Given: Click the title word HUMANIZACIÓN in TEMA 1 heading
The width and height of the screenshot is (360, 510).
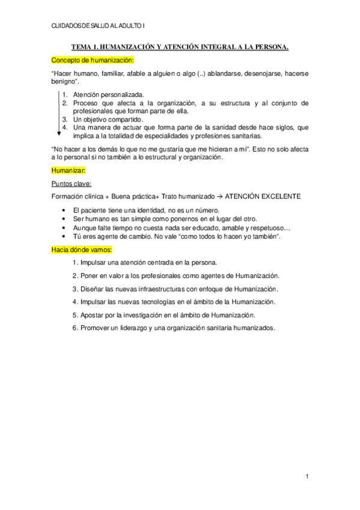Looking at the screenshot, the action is [x=135, y=46].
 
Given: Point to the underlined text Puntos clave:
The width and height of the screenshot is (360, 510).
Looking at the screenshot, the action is [x=72, y=184].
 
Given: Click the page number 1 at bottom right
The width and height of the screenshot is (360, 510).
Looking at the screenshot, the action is [x=307, y=476].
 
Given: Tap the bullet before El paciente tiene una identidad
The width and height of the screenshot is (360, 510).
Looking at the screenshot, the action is [x=64, y=210].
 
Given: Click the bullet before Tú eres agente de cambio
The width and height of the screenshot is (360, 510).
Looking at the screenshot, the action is [x=64, y=236].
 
